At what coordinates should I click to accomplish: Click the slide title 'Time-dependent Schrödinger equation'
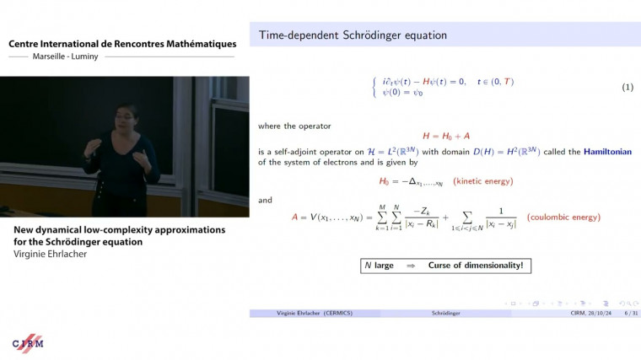coord(352,35)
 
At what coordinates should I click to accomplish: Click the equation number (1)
coord(628,88)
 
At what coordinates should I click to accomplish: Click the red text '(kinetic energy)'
coord(482,181)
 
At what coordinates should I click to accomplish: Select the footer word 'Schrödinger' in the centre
coord(444,313)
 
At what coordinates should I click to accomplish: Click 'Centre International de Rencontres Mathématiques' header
coord(122,44)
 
